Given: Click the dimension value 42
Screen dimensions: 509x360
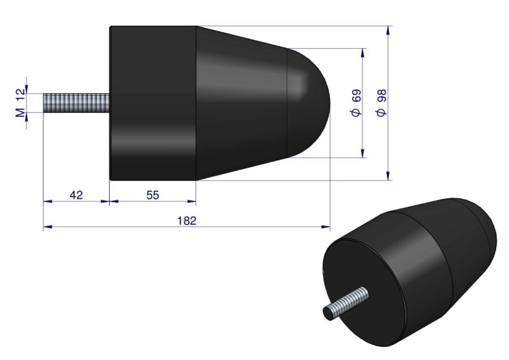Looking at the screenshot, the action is coord(76,195).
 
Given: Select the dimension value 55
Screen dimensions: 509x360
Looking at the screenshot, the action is coord(153,195).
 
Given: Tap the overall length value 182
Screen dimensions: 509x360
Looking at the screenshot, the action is coord(187,221).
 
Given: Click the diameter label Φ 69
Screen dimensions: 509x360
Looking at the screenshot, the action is coord(356,103).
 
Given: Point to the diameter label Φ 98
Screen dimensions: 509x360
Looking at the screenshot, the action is coord(381,103).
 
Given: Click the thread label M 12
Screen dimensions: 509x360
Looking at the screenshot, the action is coord(20,103).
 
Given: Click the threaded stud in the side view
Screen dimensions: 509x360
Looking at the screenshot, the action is coord(76,103).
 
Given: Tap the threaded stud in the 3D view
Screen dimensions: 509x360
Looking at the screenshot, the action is coord(345,303).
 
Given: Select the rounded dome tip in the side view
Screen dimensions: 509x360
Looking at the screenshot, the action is coord(308,103).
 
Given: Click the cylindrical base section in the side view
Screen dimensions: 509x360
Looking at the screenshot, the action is coord(153,103).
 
